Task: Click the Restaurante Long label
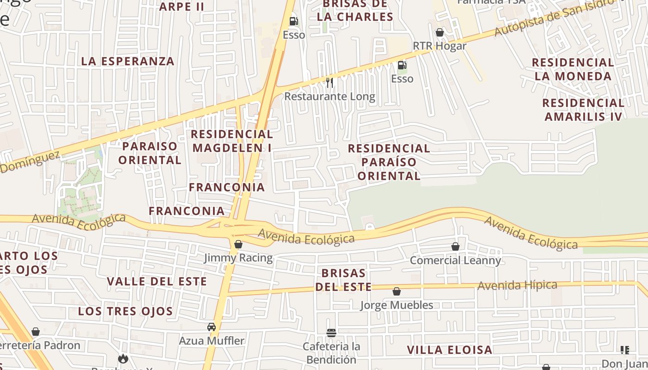point(330,97)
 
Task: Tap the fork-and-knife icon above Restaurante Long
point(330,83)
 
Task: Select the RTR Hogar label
point(439,46)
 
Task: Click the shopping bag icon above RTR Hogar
point(440,32)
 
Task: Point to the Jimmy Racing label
point(238,258)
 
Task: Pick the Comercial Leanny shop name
point(455,260)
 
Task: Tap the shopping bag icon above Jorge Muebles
point(397,291)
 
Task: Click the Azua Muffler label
point(212,341)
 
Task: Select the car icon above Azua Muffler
point(212,327)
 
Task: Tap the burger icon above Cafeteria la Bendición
point(331,333)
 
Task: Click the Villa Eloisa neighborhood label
point(449,350)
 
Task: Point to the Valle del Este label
point(157,281)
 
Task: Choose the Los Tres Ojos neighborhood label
point(125,311)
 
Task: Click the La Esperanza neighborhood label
point(128,61)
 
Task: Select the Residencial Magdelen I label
point(232,141)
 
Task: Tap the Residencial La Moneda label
point(573,69)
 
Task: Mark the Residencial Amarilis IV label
point(583,110)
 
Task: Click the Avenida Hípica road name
point(517,285)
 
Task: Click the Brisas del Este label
point(343,280)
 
